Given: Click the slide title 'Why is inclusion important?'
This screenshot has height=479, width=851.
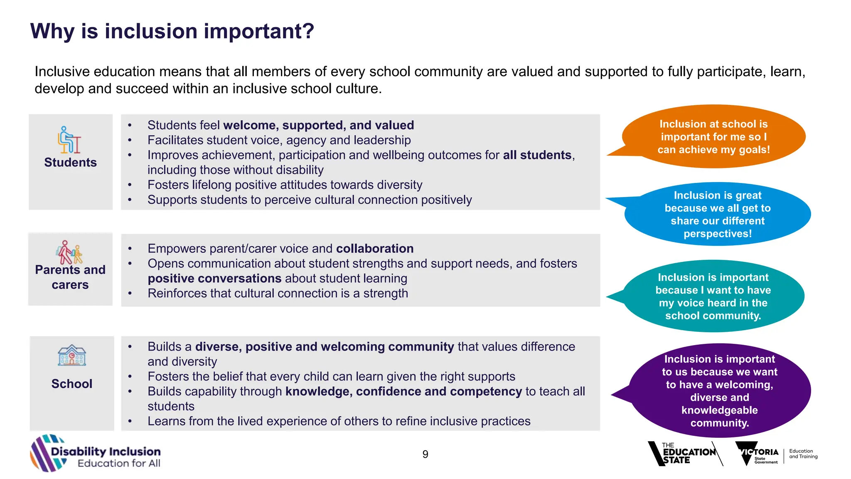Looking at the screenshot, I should click(x=172, y=31).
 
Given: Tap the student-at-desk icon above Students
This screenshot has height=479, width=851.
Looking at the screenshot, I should click(x=69, y=140).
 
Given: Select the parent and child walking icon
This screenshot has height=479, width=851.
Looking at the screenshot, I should click(x=69, y=252).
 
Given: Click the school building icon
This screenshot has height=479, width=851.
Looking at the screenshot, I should click(x=72, y=356).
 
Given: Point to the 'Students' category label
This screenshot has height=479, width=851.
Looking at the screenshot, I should click(x=70, y=162).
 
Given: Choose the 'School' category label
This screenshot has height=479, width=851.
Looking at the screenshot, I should click(x=72, y=383).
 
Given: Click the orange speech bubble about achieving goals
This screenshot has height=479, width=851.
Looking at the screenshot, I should click(x=713, y=137).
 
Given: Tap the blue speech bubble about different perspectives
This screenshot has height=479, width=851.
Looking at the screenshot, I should click(x=718, y=214).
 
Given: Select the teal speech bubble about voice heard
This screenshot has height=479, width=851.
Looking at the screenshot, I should click(x=713, y=296).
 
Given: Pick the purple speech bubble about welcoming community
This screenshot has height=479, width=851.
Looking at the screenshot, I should click(x=719, y=391).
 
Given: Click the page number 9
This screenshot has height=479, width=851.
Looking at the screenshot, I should click(x=425, y=454).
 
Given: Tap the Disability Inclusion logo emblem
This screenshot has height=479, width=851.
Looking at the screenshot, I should click(x=47, y=453).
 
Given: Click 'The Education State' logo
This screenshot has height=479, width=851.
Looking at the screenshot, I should click(x=685, y=454).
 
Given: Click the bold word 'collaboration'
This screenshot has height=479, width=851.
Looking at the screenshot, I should click(x=375, y=249).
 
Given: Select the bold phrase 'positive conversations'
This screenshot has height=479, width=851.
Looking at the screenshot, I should click(x=214, y=278).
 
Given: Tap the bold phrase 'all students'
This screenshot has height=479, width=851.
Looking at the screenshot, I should click(x=537, y=155).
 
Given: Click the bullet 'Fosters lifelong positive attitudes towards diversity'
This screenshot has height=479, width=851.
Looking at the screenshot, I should click(x=285, y=185).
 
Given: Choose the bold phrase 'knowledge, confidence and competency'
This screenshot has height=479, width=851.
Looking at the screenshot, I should click(x=403, y=391).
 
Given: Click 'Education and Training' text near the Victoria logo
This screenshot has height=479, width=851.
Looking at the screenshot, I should click(x=803, y=454).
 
